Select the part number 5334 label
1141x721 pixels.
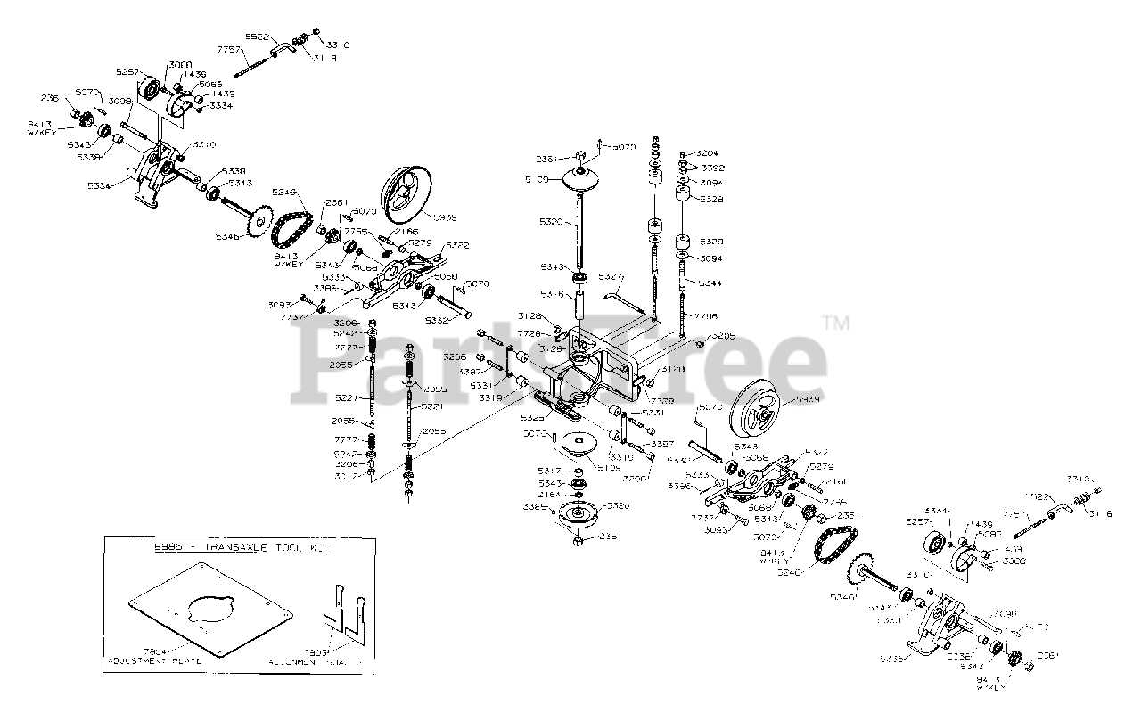98,185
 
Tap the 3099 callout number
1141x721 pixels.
120,102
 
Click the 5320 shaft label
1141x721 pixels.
552,220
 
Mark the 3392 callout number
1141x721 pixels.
712,167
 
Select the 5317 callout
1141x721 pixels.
549,471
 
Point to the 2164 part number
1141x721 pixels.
550,496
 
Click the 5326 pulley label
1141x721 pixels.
618,505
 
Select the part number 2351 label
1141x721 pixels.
546,160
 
